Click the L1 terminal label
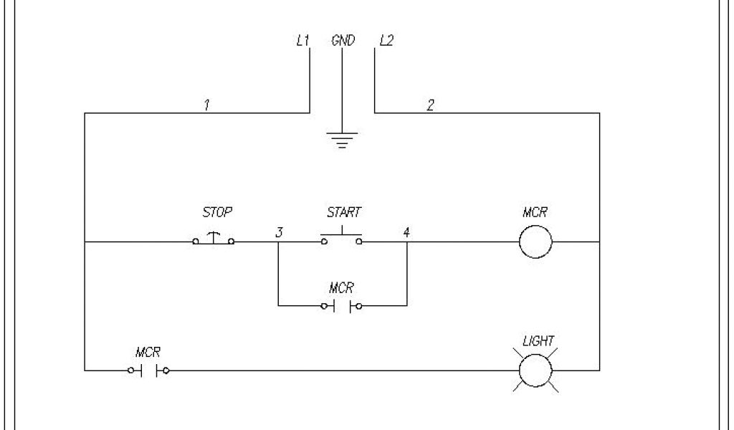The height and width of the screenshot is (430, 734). coord(302,41)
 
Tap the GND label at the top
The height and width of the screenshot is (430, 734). coord(343,41)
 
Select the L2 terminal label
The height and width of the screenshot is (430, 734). coord(386,41)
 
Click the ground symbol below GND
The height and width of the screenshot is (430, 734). coord(343,139)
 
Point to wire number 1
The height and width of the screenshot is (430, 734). coord(206,105)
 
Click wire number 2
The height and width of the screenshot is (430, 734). coord(430,105)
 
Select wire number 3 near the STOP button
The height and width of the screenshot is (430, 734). coord(279,232)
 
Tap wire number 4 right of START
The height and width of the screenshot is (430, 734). coord(406,232)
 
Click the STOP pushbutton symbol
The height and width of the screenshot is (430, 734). coord(213,239)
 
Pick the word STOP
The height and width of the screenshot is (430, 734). coord(218,213)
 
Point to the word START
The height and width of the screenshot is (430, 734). coord(344,213)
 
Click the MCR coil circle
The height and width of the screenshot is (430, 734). coord(535,242)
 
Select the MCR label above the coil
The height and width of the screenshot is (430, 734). coord(536,213)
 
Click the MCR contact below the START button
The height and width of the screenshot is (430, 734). coord(341,307)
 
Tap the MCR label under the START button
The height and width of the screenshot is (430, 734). coord(341,288)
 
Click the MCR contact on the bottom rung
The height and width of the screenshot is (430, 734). coord(148,371)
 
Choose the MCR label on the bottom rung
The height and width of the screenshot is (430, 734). coord(148,353)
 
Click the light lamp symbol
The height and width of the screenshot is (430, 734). coord(535,371)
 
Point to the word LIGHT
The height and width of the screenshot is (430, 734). coord(538,341)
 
